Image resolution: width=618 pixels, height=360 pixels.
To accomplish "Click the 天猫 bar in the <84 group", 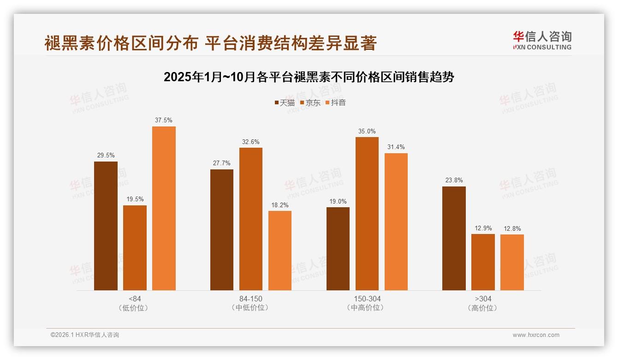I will pos(106,226).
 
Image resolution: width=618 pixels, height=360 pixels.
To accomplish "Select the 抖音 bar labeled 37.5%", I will pos(164,208).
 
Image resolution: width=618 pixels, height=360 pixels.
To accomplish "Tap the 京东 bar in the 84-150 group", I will pos(250,219).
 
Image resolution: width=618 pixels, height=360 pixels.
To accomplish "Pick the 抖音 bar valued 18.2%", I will pos(280,251).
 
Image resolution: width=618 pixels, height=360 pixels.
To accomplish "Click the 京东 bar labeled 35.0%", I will pos(367,214).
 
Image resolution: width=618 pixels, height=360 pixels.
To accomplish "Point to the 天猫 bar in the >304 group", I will pos(454,238).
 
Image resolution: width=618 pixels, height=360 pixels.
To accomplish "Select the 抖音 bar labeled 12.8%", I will pos(512,262).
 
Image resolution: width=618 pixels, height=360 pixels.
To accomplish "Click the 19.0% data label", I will pos(338,201).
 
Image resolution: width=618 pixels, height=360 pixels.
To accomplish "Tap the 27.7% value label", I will pos(222,163).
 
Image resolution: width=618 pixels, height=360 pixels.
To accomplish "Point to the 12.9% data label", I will pos(483,228).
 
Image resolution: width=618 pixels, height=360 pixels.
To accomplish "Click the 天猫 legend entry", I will pos(285,102).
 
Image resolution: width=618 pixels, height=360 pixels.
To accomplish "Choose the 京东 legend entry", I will pos(310,102).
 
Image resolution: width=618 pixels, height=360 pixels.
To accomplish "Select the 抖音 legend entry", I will pos(335,102).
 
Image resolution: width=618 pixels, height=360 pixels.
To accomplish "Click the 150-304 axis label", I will pos(367,299).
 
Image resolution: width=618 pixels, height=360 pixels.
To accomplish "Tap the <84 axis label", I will pos(135,299).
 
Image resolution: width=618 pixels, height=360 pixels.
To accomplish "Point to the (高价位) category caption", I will pos(483,308).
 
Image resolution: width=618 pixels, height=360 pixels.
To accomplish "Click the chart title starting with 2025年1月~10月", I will pos(309,77).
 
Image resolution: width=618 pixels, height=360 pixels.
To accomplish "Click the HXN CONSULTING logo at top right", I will pos(542,41).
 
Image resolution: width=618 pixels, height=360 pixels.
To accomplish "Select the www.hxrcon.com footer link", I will pos(536,335).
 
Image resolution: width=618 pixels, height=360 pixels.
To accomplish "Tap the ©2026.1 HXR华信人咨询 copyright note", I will pos(85,335).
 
